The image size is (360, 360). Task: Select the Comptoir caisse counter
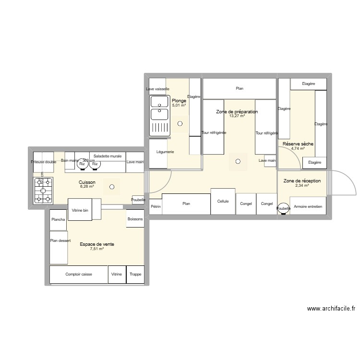(x=79, y=275)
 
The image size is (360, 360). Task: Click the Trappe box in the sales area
(x=135, y=275)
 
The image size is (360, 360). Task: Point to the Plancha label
(x=58, y=219)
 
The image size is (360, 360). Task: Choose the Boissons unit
(x=135, y=219)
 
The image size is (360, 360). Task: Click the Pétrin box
(x=156, y=206)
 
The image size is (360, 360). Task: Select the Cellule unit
(x=223, y=202)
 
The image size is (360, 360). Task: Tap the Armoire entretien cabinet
(x=307, y=207)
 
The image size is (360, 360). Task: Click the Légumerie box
(x=165, y=152)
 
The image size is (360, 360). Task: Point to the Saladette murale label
(x=108, y=156)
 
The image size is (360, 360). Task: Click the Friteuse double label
(x=44, y=162)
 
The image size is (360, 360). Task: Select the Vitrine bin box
(x=80, y=210)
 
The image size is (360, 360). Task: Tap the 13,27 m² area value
(x=237, y=116)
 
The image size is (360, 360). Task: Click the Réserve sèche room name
(x=298, y=144)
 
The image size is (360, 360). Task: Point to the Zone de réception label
(x=302, y=180)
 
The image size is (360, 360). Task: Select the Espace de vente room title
(x=96, y=244)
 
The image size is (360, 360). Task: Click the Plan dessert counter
(x=58, y=241)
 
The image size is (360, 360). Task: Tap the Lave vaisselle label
(x=157, y=89)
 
